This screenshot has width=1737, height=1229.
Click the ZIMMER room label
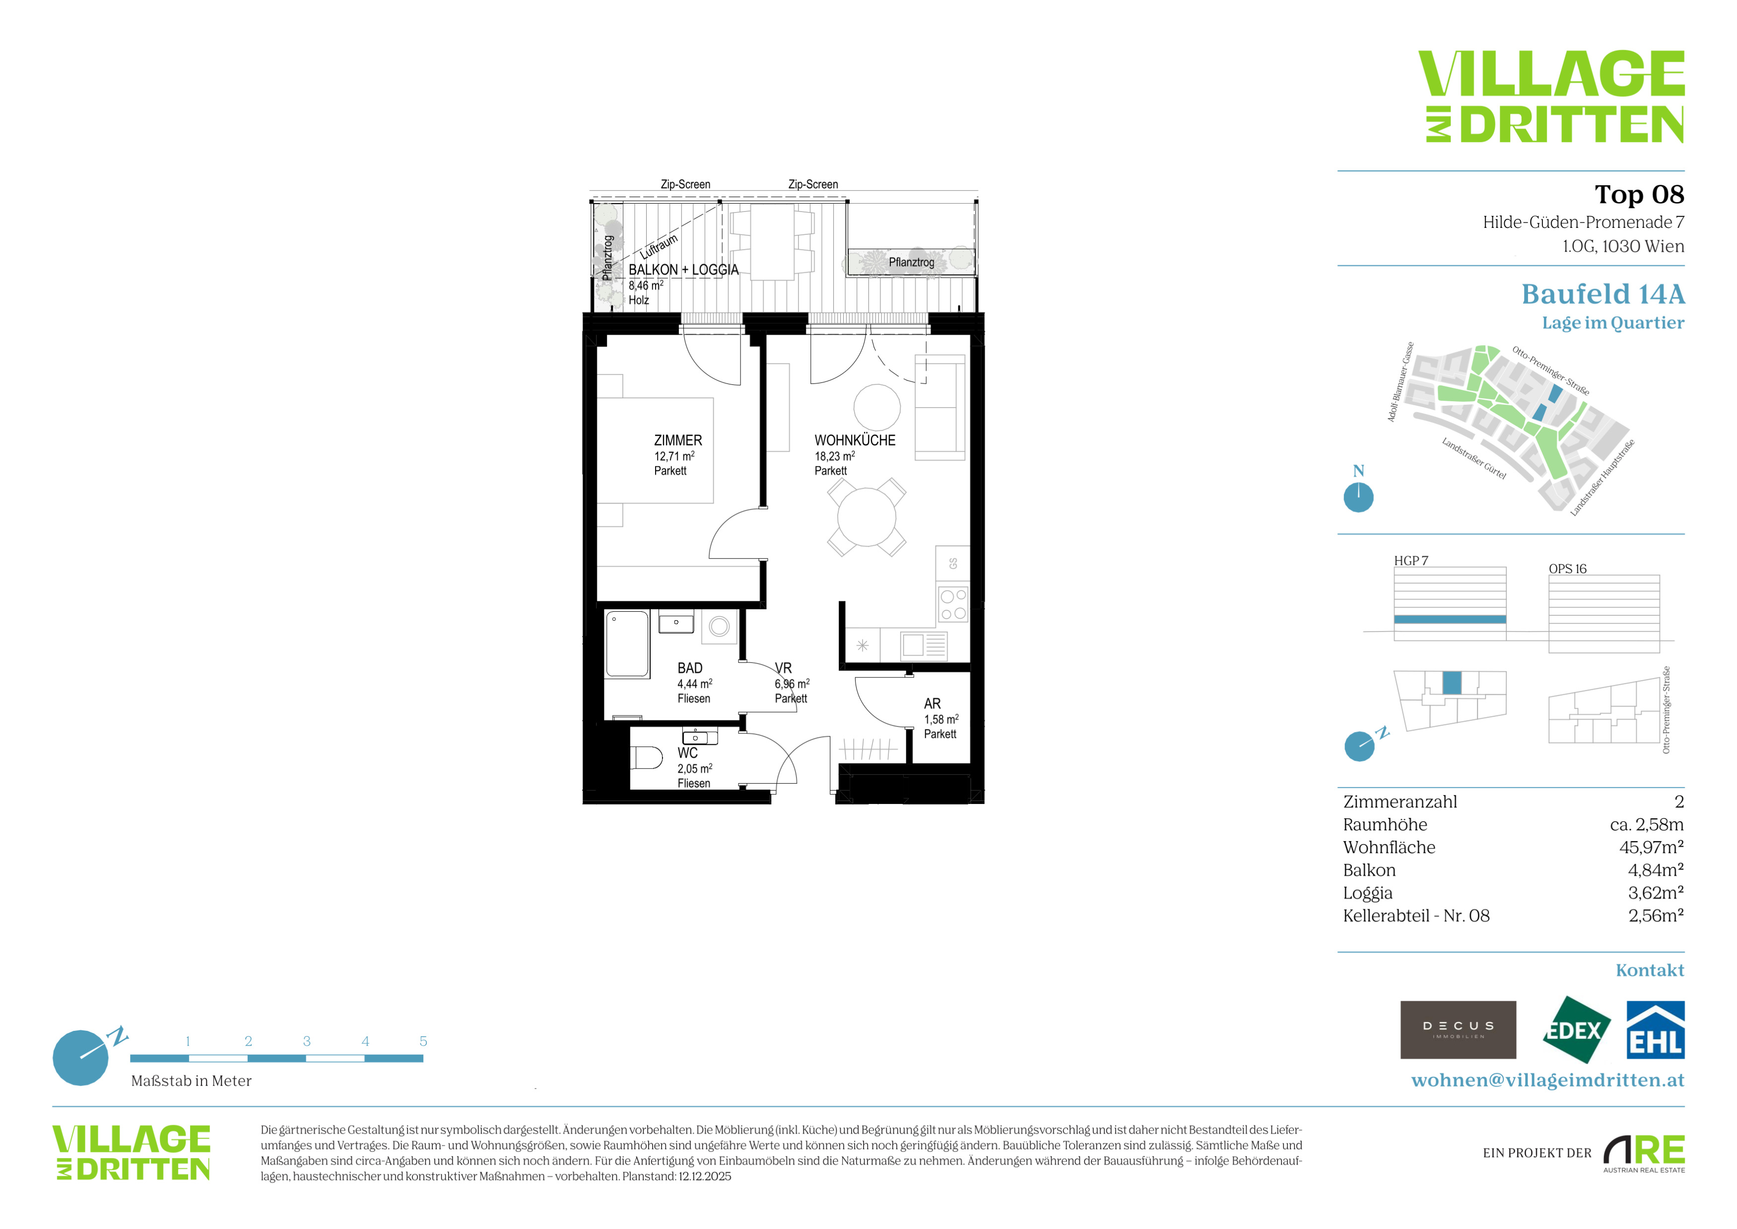(x=678, y=440)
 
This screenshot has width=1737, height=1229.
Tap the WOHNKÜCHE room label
(x=855, y=440)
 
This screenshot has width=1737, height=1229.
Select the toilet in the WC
(x=646, y=757)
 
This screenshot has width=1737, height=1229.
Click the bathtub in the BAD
(x=627, y=644)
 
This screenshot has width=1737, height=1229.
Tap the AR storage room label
(x=932, y=704)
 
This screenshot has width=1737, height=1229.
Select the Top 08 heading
(x=1639, y=195)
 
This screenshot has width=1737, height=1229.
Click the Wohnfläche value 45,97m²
(x=1652, y=848)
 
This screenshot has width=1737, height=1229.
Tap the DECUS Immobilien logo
(x=1458, y=1030)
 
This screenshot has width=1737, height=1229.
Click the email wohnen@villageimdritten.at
(x=1548, y=1080)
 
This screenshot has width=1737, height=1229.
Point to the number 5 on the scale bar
(x=423, y=1041)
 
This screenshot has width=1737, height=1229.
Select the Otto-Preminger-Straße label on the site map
(x=1551, y=371)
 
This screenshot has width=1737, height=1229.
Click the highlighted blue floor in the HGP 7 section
(x=1450, y=619)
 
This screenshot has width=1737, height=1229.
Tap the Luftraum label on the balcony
(x=659, y=247)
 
